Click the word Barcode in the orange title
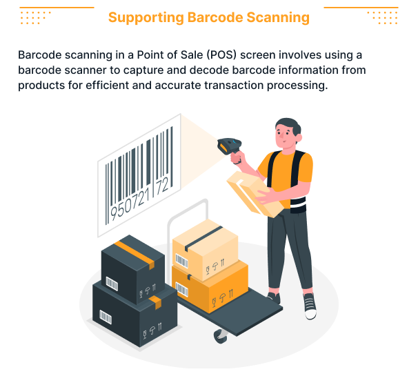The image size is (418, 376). click(215, 17)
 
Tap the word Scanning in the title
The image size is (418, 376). click(278, 18)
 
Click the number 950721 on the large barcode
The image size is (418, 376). click(130, 205)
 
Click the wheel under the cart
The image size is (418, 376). click(221, 337)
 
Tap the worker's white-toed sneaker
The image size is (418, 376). click(310, 306)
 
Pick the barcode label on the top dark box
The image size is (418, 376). click(112, 284)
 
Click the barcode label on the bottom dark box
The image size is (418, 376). click(106, 317)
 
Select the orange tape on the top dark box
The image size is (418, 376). click(135, 253)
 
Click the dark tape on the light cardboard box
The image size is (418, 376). click(203, 238)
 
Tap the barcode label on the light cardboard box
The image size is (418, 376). click(181, 261)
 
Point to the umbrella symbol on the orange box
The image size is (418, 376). click(222, 297)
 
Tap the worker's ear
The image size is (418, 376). click(299, 137)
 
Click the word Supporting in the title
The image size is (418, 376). click(146, 18)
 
